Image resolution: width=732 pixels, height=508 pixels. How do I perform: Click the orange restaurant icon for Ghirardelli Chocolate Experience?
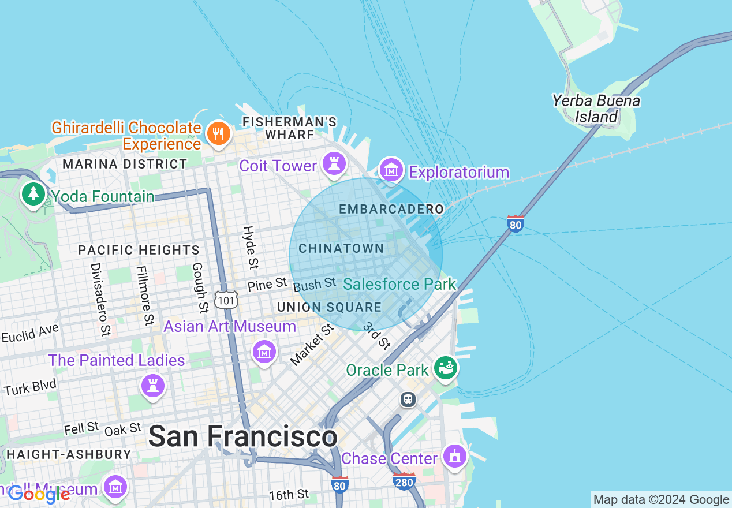(x=218, y=134)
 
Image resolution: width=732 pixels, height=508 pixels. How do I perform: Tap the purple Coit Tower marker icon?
(x=334, y=163)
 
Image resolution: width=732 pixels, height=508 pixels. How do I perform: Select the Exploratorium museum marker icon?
(x=391, y=170)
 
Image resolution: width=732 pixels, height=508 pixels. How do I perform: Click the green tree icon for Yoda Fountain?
(x=33, y=193)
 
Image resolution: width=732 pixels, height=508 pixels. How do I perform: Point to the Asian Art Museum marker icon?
(x=264, y=350)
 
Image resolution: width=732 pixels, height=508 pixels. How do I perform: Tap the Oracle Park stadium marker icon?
(x=446, y=367)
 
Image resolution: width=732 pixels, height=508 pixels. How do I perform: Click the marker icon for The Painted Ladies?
(x=153, y=385)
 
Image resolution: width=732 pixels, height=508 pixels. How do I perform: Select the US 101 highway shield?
(x=225, y=299)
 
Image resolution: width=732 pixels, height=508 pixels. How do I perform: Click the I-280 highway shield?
(x=404, y=481)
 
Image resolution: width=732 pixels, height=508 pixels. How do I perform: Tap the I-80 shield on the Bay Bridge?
(x=516, y=223)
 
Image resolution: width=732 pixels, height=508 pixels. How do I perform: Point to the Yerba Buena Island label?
(x=596, y=109)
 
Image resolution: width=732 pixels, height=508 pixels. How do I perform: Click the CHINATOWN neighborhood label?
(x=341, y=249)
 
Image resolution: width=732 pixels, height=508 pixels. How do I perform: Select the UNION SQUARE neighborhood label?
(x=329, y=308)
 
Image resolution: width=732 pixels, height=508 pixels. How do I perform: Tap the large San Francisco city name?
(x=242, y=436)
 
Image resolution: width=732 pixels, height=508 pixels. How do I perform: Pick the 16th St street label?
(x=289, y=495)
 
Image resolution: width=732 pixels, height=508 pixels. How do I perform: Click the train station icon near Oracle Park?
(x=408, y=399)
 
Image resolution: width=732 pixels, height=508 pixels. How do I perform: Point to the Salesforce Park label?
(x=399, y=284)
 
